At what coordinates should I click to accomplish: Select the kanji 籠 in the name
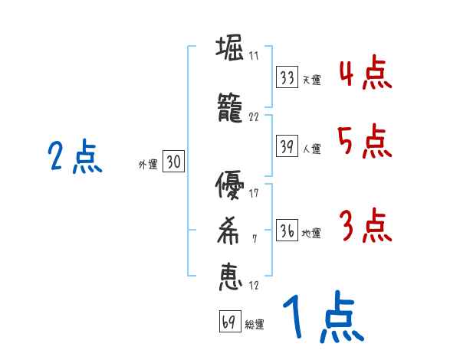point(230,110)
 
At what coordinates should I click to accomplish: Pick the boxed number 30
point(173,162)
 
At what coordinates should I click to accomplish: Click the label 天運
point(311,80)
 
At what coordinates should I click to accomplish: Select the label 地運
point(311,234)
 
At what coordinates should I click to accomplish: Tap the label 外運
point(148,164)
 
